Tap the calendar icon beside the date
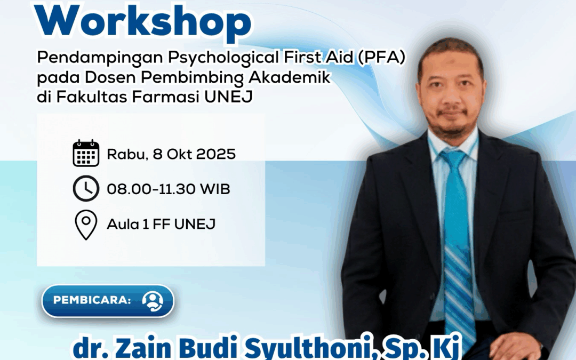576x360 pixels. (x=86, y=153)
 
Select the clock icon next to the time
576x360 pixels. (x=86, y=188)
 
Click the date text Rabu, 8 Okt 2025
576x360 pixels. (x=171, y=154)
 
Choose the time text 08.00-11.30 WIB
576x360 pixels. (x=168, y=189)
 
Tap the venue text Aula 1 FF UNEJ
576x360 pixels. (x=161, y=224)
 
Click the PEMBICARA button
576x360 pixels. (x=108, y=301)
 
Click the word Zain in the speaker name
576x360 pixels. (x=145, y=347)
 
